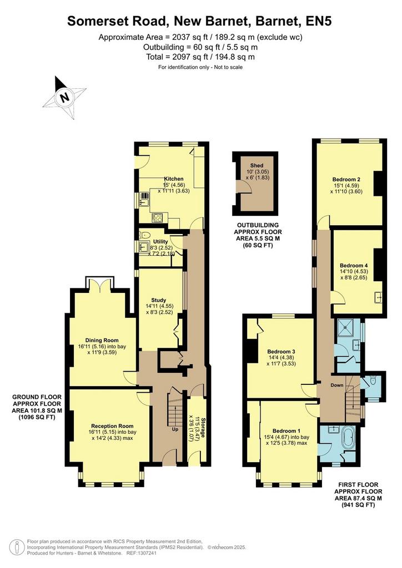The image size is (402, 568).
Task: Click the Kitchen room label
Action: [174, 179]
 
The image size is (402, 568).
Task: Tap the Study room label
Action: [159, 300]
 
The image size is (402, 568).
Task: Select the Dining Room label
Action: [102, 340]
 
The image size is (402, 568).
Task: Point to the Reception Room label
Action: [112, 426]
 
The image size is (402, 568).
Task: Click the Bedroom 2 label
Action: [346, 179]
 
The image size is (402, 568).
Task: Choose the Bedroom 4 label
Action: [351, 266]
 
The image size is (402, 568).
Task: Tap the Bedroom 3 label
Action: [281, 351]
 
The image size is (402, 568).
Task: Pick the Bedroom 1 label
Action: [287, 430]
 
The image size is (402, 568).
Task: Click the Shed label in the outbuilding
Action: [257, 165]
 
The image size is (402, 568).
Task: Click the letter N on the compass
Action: [64, 98]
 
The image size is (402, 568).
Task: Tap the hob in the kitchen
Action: [157, 217]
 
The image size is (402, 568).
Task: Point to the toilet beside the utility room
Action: [143, 234]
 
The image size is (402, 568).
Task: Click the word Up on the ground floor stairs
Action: [175, 429]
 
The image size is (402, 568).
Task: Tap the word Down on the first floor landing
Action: [336, 385]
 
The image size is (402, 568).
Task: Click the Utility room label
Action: [160, 242]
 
